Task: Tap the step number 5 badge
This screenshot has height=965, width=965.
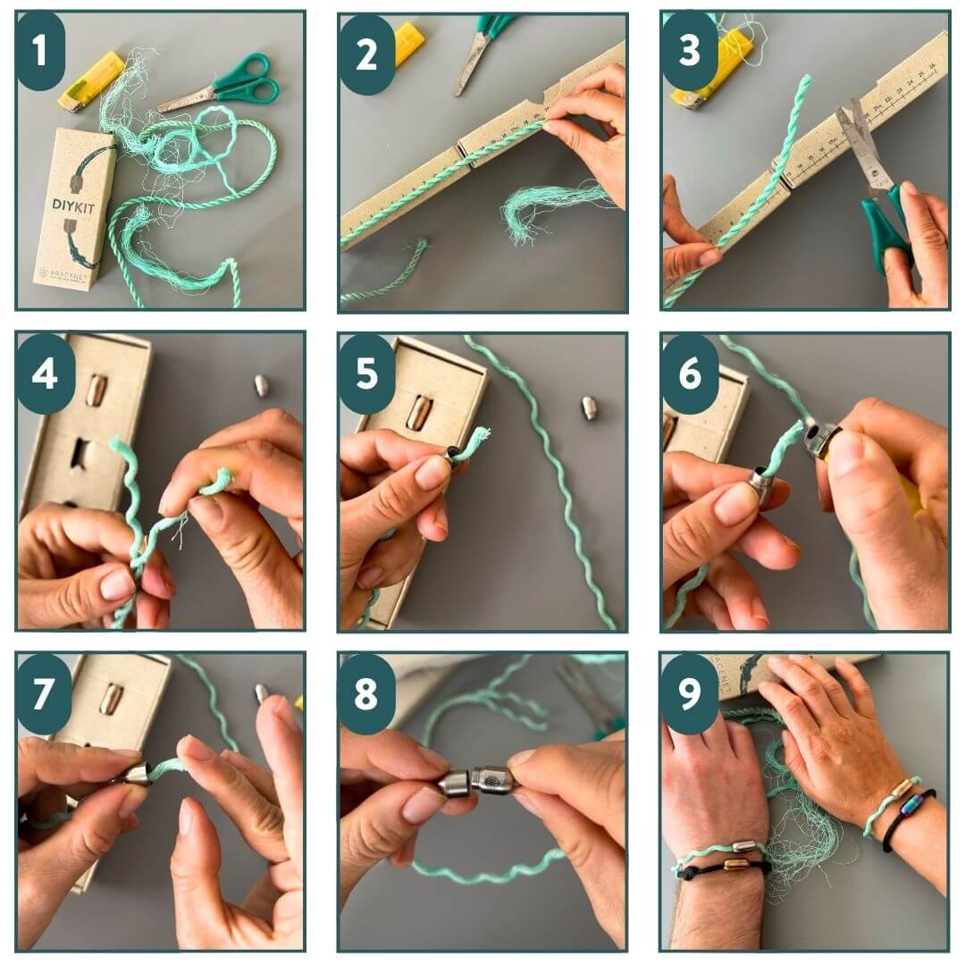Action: (x=366, y=374)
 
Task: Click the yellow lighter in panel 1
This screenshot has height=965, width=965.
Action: (x=90, y=81)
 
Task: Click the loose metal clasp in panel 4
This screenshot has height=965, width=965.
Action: (x=261, y=385)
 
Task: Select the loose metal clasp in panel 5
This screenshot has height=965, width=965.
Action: (x=589, y=407)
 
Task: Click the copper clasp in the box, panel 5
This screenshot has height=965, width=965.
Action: (x=417, y=412)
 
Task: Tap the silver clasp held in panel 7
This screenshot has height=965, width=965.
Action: (x=137, y=773)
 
